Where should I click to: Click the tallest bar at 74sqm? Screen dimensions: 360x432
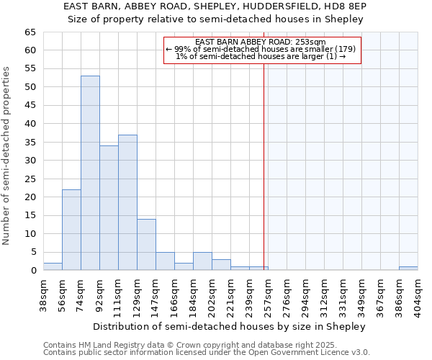click(x=90, y=173)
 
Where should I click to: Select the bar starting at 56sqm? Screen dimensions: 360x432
click(x=71, y=230)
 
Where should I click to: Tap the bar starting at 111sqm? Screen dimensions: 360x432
click(x=127, y=202)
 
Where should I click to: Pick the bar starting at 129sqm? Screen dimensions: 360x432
click(x=146, y=245)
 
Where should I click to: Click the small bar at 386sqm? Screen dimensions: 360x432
click(x=408, y=269)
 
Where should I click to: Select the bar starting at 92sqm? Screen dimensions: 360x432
click(x=109, y=208)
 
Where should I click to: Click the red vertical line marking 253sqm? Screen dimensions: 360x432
click(x=264, y=166)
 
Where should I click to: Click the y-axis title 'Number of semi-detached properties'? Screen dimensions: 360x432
click(x=7, y=156)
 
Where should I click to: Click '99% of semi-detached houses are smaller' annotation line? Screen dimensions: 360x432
click(x=261, y=49)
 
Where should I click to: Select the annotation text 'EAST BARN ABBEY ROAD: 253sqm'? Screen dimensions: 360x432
click(x=261, y=42)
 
